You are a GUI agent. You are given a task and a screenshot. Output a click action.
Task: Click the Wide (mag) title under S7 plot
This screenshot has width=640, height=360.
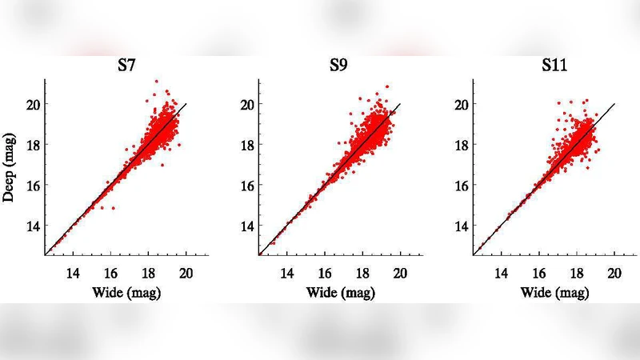pyautogui.click(x=128, y=293)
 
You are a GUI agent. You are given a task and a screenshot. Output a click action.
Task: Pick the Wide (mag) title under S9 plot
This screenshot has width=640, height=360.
pyautogui.click(x=341, y=293)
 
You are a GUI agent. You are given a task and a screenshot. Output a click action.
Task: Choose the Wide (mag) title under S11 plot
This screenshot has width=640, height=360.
pyautogui.click(x=554, y=293)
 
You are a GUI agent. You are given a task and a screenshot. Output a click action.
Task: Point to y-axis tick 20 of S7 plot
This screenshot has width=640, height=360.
pyautogui.click(x=33, y=104)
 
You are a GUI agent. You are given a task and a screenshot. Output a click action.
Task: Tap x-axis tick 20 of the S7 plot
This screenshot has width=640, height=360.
pyautogui.click(x=186, y=271)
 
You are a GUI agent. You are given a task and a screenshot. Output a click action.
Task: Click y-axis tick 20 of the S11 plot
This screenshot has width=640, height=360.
pyautogui.click(x=461, y=104)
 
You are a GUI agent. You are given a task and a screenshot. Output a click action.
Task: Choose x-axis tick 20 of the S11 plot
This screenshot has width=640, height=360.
pyautogui.click(x=614, y=271)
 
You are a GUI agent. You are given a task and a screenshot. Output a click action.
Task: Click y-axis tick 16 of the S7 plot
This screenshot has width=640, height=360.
pyautogui.click(x=33, y=185)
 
